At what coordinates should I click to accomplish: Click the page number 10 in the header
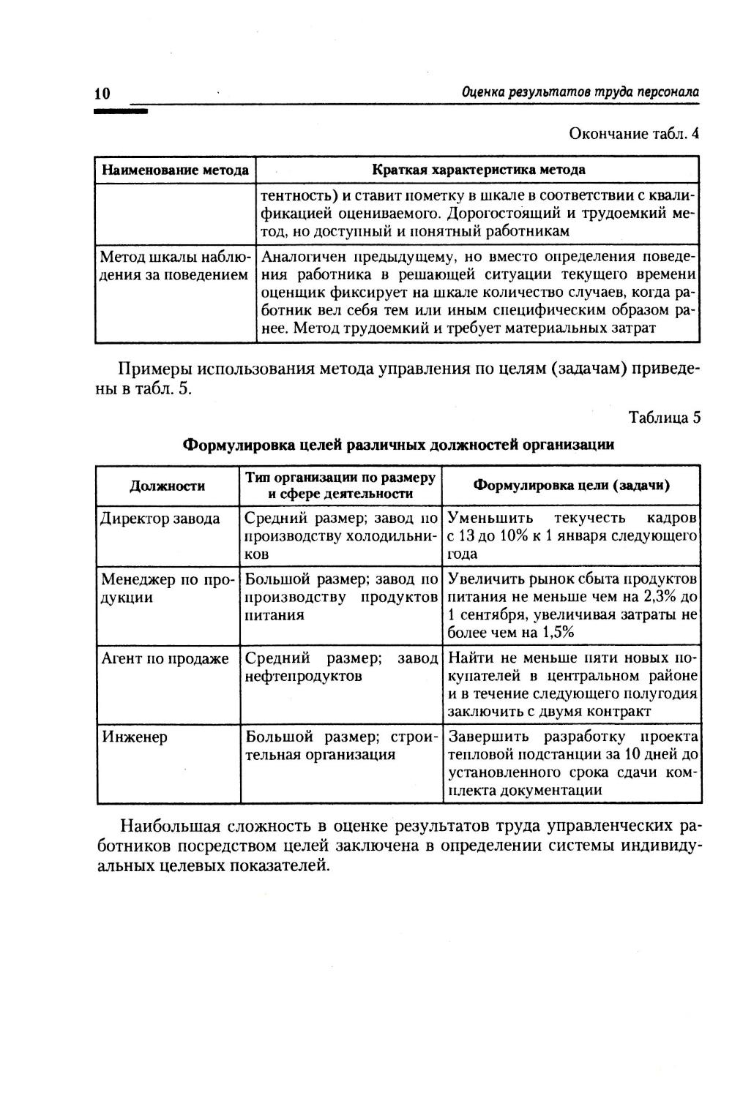coord(102,94)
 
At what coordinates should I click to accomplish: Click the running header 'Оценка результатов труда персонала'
coord(580,92)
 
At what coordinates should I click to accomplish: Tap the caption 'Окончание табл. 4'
coord(634,134)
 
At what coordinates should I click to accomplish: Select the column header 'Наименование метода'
coord(175,170)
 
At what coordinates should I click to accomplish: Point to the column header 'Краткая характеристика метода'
coord(479,170)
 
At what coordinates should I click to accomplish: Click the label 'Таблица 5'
coord(665,418)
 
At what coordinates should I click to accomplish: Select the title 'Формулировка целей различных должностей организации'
coord(398,445)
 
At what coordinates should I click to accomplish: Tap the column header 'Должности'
coord(168,486)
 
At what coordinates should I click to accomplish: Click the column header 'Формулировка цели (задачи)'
coord(572,486)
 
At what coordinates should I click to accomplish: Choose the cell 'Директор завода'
coord(160,519)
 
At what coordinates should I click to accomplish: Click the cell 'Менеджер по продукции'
coord(167,589)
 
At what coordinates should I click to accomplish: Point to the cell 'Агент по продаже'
coord(165,659)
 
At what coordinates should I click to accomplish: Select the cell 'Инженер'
coord(134,737)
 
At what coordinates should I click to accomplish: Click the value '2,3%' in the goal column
coord(659,598)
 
